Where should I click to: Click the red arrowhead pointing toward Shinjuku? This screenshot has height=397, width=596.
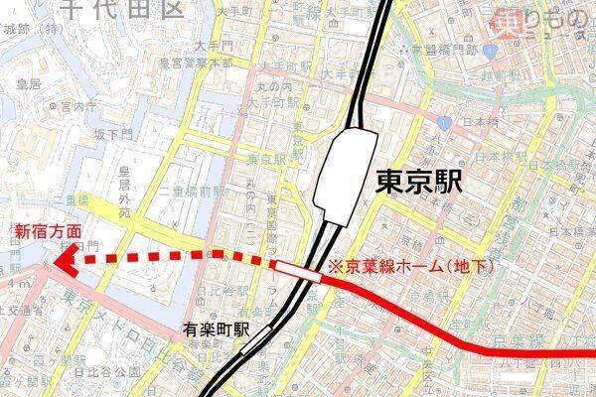(65, 262)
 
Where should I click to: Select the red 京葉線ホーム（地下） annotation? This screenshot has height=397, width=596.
(409, 267)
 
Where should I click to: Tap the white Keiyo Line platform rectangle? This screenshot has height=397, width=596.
(298, 268)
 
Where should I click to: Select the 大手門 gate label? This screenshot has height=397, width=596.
(213, 46)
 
